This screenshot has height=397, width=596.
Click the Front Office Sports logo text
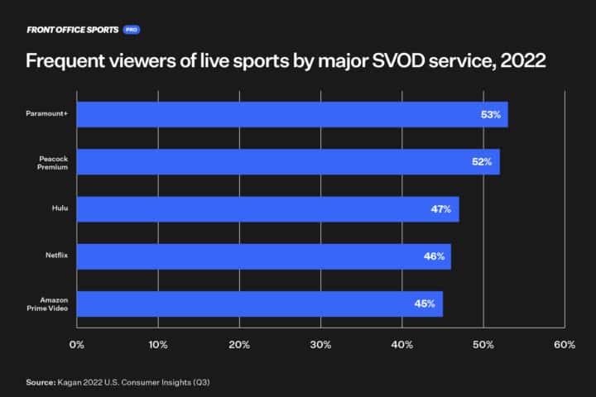73,29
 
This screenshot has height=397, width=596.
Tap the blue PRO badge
131,29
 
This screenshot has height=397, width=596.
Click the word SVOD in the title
397,62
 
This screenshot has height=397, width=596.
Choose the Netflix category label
57,256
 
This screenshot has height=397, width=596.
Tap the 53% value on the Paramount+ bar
491,115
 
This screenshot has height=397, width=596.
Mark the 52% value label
483,162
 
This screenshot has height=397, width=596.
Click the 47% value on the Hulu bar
441,209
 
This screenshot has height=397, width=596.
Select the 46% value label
434,256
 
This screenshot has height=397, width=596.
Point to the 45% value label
425,304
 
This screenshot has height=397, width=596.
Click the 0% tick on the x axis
77,344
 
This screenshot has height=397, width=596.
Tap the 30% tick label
320,344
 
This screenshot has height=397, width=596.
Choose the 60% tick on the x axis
565,344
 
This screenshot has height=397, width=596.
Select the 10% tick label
158,344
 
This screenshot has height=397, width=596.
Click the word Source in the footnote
40,382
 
